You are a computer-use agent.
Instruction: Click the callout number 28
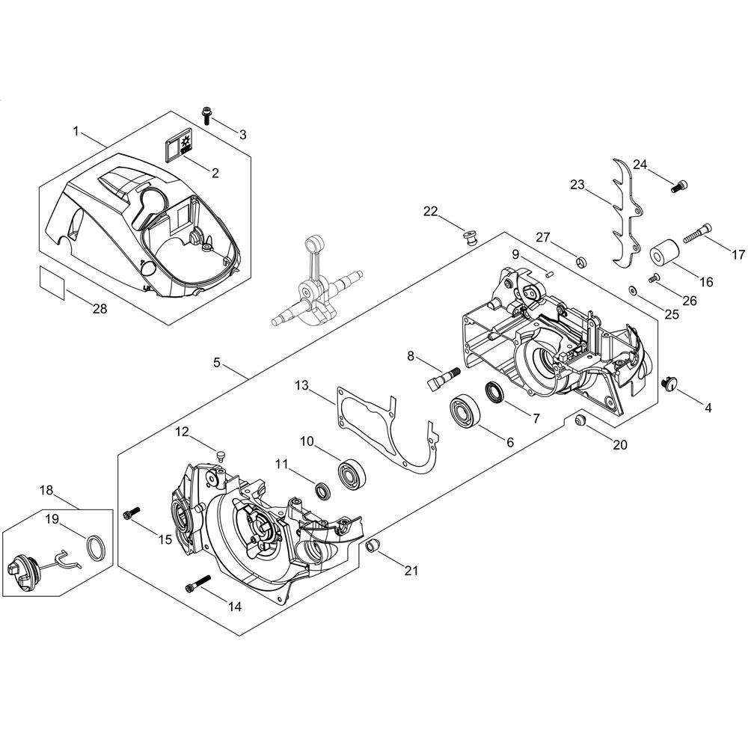pyautogui.click(x=99, y=309)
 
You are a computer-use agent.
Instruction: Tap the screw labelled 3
pyautogui.click(x=207, y=115)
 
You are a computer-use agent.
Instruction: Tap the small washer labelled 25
pyautogui.click(x=633, y=289)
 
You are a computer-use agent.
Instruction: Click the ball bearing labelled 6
pyautogui.click(x=465, y=410)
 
